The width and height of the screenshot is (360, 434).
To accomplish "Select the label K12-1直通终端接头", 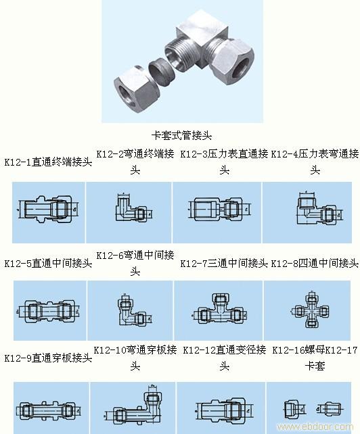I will [x=47, y=163].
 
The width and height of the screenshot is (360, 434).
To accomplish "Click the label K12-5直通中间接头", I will [x=47, y=263].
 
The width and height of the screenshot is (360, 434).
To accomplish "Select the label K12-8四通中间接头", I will [x=315, y=263].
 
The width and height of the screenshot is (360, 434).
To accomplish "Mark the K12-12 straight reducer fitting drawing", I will [x=218, y=409].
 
